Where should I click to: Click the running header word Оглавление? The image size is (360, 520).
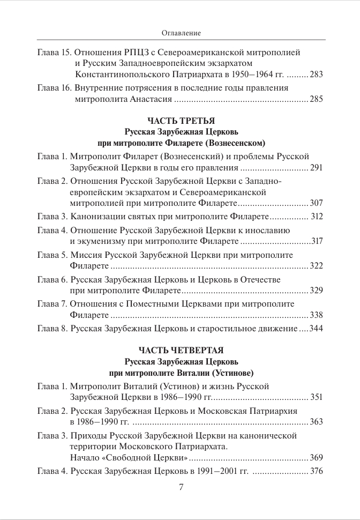181,33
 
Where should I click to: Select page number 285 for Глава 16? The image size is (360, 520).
316,99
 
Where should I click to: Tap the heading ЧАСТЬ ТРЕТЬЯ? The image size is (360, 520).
180,121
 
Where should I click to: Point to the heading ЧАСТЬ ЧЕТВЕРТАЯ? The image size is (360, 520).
180,351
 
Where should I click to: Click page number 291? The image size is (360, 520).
316,168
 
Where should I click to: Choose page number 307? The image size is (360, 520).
316,204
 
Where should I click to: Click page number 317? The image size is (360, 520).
317,241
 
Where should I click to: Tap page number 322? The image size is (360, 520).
316,266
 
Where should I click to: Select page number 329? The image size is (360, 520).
316,291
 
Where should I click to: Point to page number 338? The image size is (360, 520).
316,315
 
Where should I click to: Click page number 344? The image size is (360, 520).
316,328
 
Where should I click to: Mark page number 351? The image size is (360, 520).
316,397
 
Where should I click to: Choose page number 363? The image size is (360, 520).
316,422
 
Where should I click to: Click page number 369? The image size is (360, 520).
316,458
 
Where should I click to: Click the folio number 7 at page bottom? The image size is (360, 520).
181,487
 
